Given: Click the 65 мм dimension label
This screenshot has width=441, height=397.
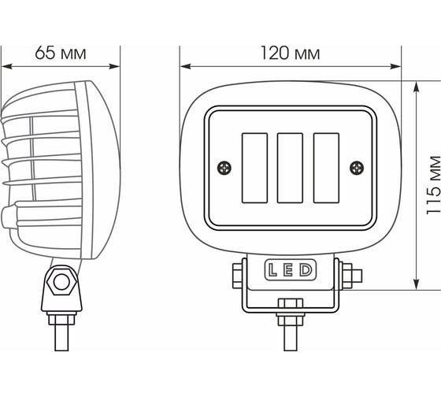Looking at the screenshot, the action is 61,53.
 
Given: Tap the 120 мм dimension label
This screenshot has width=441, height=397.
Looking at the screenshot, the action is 291,53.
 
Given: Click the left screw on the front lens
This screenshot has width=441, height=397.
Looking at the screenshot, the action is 224,169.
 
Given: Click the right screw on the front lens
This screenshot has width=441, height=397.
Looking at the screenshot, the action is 357,168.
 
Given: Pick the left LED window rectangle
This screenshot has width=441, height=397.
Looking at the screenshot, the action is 254,168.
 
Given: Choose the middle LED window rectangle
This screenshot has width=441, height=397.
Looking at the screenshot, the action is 290,168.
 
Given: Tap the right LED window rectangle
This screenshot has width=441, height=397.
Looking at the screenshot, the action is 326,168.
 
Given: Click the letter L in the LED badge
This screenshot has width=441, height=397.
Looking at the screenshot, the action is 272,269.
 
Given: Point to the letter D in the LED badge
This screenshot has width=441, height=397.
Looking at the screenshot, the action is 306,269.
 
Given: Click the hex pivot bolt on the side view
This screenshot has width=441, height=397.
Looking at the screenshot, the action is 61,282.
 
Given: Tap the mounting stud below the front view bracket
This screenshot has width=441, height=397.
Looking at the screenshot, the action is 291,338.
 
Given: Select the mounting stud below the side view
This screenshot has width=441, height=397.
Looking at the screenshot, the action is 61,337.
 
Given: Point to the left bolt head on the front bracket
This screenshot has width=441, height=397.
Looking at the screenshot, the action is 238,276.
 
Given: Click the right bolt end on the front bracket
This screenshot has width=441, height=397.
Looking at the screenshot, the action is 357,276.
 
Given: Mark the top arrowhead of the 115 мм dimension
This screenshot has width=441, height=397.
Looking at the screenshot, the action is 417,87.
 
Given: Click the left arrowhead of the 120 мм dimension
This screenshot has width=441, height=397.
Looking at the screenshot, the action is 186,66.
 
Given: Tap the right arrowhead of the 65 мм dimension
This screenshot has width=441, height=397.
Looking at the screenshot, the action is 114,66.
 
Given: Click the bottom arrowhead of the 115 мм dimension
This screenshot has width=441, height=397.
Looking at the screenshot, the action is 417,284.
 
